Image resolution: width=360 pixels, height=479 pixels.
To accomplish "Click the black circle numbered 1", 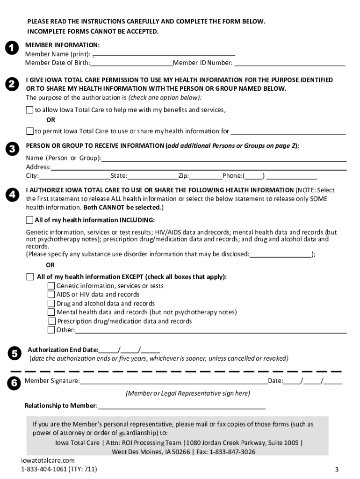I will click(12, 48).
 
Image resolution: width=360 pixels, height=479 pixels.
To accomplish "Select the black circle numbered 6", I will click(13, 383).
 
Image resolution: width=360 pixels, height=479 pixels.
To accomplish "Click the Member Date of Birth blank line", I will click(132, 63).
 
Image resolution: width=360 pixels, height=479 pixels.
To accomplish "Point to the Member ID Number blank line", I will click(290, 63).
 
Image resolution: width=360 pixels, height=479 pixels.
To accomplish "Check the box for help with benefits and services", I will click(30, 110).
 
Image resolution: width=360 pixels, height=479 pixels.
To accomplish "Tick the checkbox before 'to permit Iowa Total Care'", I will click(30, 131).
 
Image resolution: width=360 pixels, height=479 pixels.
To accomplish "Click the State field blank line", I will click(153, 176).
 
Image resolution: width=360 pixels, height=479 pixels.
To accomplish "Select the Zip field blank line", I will click(206, 176).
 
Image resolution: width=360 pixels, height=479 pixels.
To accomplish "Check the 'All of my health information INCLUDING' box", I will click(30, 220).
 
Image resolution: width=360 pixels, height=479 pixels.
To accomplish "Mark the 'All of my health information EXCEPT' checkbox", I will click(30, 276).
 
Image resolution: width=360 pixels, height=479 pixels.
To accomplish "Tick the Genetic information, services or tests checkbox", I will click(51, 286).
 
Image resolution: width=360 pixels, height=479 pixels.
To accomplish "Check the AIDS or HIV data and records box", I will click(51, 295).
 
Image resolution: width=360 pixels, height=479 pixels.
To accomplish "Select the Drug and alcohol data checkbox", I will click(51, 304).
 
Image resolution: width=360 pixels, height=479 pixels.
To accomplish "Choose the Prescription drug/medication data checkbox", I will click(51, 321).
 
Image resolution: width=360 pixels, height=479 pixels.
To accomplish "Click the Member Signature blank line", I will click(173, 381).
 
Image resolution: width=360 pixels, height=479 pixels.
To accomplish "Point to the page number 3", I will click(336, 470).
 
